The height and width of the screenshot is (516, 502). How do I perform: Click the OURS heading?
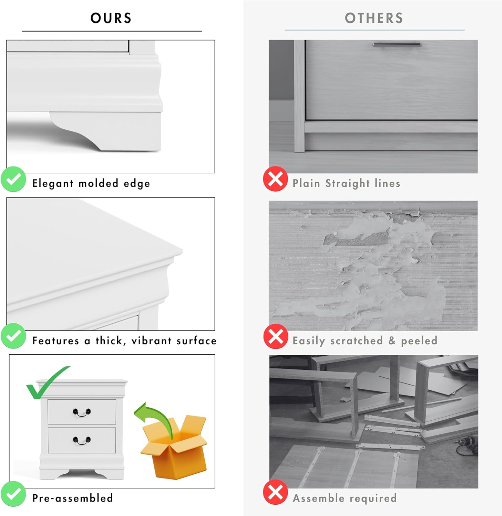(111, 18)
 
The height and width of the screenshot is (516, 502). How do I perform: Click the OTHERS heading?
(374, 18)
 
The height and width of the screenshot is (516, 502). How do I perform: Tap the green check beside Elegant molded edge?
(13, 179)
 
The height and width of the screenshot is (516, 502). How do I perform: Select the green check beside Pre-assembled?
(13, 494)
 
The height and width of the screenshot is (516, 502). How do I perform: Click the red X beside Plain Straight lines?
(275, 179)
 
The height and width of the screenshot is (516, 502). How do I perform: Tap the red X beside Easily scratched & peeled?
(276, 336)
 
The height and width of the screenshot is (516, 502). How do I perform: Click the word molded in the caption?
(99, 183)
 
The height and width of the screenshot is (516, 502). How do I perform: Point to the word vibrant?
(152, 341)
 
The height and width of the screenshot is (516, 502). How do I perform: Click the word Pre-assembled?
(73, 498)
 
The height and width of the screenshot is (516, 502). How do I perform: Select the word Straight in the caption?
(348, 183)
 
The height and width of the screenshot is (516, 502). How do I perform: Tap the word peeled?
(419, 341)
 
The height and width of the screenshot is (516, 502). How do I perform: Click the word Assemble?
(318, 498)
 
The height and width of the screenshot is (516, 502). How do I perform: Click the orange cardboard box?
(174, 447)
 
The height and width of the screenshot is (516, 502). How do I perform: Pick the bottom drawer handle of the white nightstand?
(82, 440)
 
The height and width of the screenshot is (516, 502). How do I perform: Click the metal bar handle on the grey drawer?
(397, 44)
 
